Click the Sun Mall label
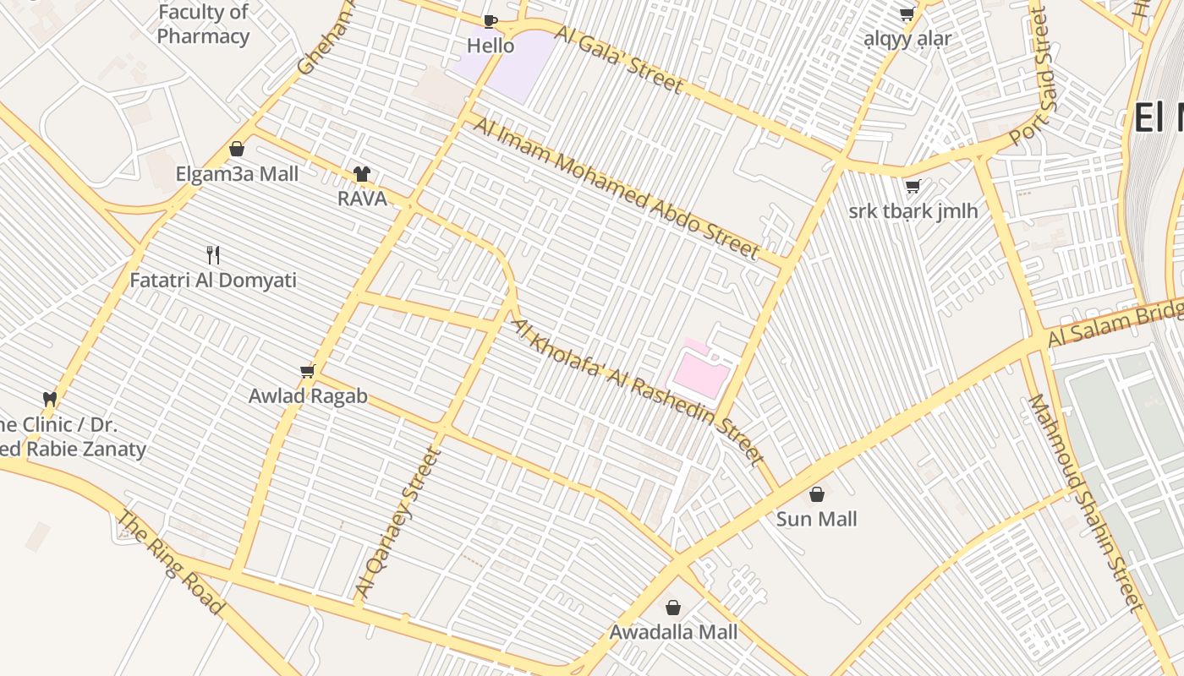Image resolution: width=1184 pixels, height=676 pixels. click(816, 519)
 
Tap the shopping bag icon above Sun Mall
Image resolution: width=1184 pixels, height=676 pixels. click(817, 494)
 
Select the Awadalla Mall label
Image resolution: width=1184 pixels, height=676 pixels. click(673, 632)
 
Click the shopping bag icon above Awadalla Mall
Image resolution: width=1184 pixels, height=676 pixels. click(673, 608)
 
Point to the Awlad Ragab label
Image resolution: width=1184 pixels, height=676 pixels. click(308, 396)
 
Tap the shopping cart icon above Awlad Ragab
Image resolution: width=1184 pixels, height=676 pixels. click(308, 371)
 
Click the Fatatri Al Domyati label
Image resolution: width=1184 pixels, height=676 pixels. click(213, 280)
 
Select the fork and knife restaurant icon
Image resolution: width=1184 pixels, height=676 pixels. click(213, 254)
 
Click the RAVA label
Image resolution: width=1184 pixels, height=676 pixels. click(362, 199)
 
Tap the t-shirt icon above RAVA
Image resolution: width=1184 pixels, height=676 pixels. click(362, 174)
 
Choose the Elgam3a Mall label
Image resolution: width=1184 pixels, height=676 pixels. click(237, 174)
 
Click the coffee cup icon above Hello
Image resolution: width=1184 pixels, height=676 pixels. click(491, 20)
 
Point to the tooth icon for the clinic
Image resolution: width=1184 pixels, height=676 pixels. click(50, 398)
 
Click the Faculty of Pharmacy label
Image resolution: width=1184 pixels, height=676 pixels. click(203, 25)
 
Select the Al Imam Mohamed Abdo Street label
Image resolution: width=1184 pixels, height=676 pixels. click(617, 188)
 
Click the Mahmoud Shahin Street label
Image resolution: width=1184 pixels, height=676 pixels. click(1085, 502)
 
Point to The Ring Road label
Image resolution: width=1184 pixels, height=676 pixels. click(170, 561)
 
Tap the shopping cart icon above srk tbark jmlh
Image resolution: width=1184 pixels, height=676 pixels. click(913, 186)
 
